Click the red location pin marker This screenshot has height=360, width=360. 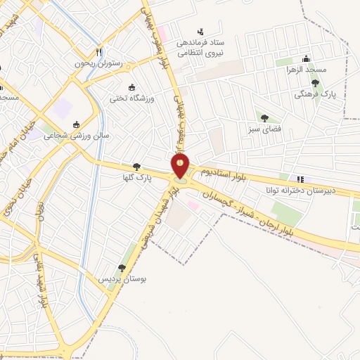click(180, 166)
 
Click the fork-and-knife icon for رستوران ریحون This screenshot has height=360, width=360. click(99, 51)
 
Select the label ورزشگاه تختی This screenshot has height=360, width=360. click(131, 99)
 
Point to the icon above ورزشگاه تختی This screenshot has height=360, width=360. click(132, 87)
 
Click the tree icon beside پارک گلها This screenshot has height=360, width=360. click(136, 167)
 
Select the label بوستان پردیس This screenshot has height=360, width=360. click(122, 279)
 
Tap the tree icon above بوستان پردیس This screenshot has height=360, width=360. click(122, 268)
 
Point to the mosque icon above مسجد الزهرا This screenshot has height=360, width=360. click(305, 59)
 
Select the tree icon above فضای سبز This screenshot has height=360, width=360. click(264, 118)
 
